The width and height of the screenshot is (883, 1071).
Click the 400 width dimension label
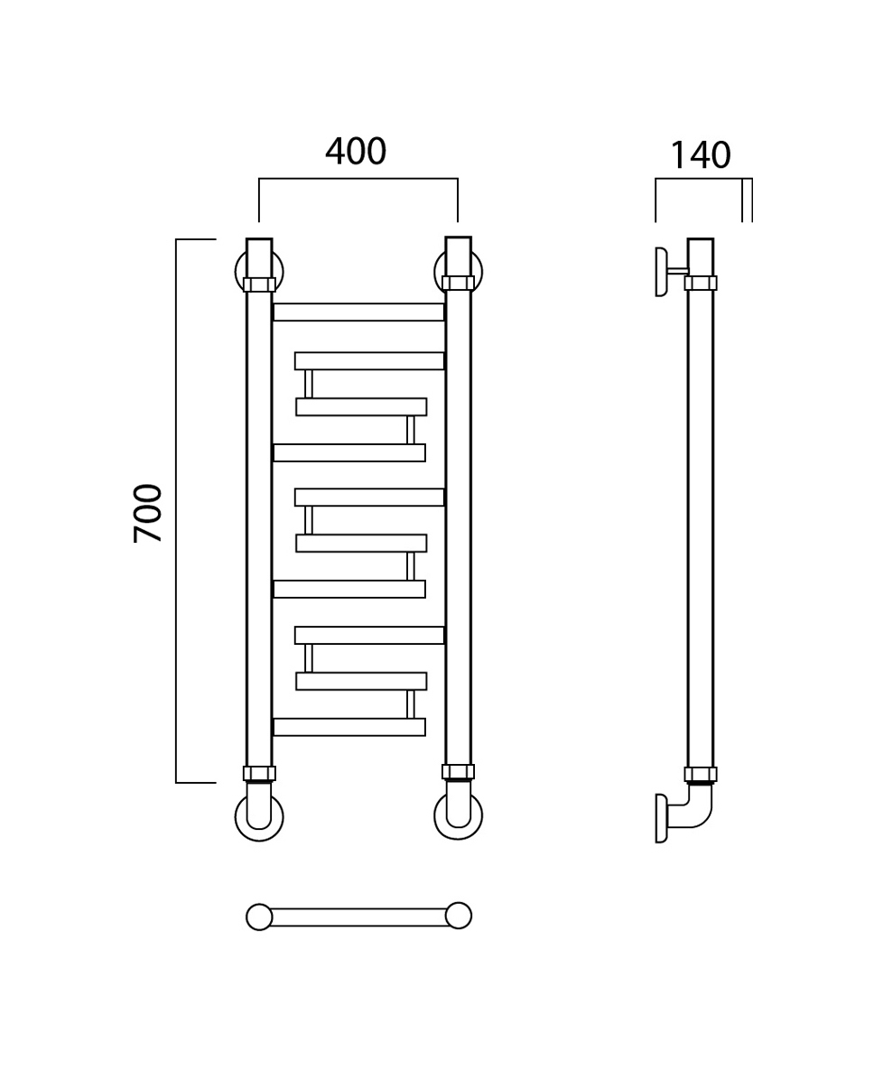(355, 151)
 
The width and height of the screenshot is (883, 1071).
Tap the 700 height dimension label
(148, 513)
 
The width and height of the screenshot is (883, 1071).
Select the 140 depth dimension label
(700, 155)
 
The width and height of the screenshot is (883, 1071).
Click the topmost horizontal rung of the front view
(358, 312)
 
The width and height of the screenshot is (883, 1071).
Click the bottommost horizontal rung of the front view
(349, 727)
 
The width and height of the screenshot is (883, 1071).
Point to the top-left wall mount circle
(238, 270)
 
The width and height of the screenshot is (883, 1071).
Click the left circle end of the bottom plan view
(259, 917)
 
